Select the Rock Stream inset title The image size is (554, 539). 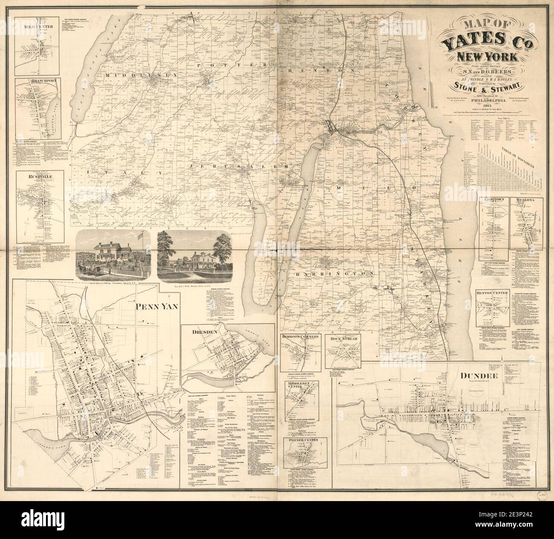(x=345, y=339)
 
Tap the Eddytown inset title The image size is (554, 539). (x=494, y=200)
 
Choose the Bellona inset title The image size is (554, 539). (x=529, y=200)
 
